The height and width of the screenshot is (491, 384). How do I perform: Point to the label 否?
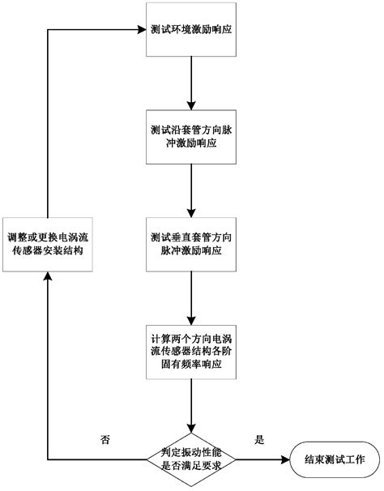(104, 440)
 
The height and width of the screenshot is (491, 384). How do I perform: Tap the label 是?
(260, 440)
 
